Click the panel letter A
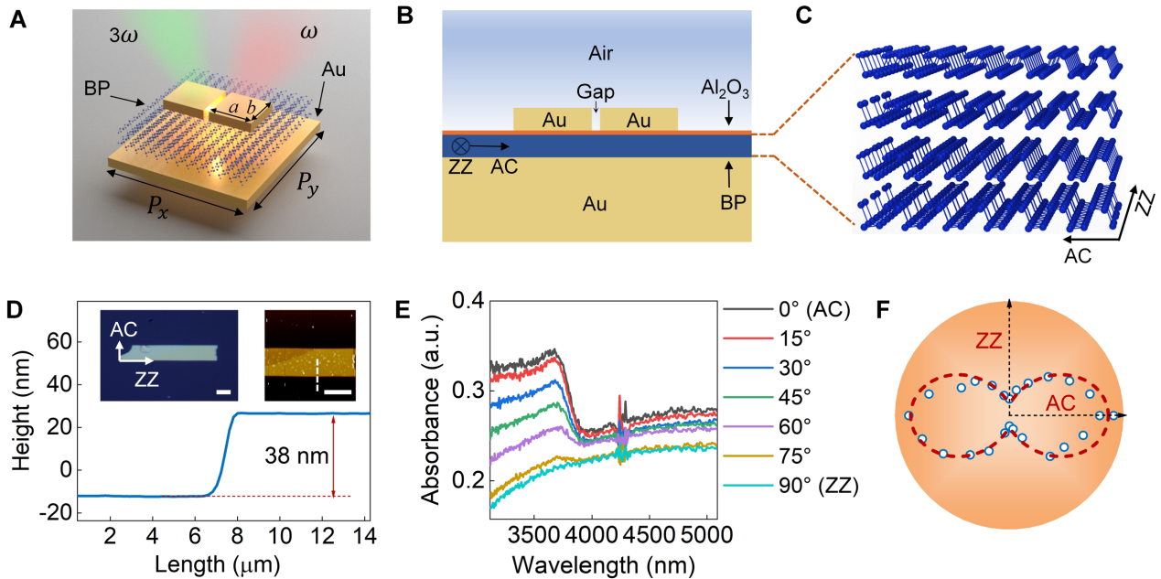click(x=16, y=19)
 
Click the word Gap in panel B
click(x=595, y=91)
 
